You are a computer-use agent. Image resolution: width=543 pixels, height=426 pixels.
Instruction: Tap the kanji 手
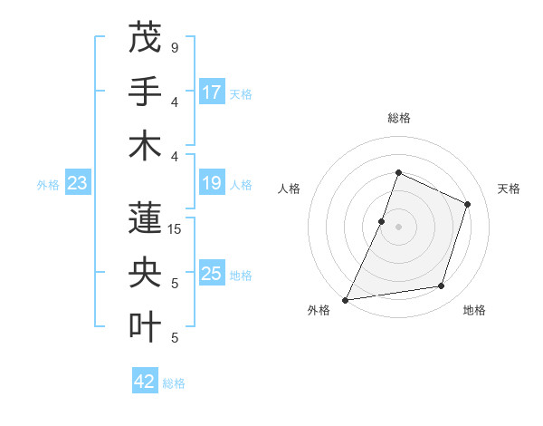tap(145, 91)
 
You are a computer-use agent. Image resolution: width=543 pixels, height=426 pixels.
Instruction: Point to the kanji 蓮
tap(145, 218)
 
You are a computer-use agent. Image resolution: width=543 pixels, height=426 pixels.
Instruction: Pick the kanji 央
tap(145, 272)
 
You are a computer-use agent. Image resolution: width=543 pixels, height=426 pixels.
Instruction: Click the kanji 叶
tap(145, 326)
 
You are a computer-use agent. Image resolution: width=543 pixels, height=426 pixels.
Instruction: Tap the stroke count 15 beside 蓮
tap(174, 229)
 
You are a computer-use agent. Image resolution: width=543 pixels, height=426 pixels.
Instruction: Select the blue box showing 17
tap(212, 92)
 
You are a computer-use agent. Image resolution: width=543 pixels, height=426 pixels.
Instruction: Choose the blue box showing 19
tap(212, 183)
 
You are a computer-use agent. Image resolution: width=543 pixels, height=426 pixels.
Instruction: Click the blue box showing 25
tap(212, 274)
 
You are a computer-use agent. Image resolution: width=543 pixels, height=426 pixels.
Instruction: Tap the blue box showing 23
tap(78, 183)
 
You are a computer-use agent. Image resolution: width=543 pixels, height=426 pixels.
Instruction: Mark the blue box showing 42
tap(145, 382)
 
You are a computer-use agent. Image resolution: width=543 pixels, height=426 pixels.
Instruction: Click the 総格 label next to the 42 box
tap(174, 383)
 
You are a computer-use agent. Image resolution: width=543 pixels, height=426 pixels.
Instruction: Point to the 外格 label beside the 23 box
tap(48, 185)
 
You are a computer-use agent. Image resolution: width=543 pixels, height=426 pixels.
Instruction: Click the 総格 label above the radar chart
tap(398, 118)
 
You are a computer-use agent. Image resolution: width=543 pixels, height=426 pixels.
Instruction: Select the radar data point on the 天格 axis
tap(468, 204)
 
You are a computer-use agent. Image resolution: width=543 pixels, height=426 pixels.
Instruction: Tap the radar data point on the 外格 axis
tap(345, 300)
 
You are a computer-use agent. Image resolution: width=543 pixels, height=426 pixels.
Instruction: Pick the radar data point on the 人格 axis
tap(382, 221)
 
